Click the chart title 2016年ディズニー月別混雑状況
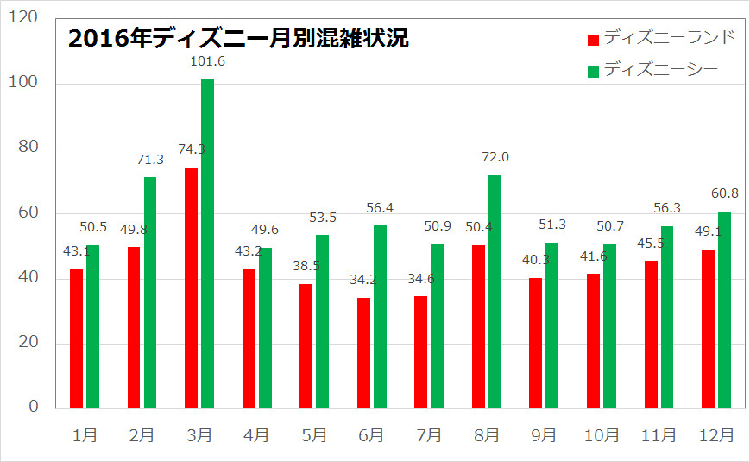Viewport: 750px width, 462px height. point(238,40)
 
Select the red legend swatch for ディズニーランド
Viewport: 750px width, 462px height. point(593,40)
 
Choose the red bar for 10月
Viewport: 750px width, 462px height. point(593,341)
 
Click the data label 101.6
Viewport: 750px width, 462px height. point(207,61)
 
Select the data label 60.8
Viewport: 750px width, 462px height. point(723,194)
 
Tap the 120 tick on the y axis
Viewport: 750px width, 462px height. point(23,18)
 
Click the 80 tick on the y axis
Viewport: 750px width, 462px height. point(28,149)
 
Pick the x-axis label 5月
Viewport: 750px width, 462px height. point(313,436)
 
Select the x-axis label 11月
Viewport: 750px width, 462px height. point(658,436)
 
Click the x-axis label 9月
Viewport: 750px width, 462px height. point(543,436)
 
